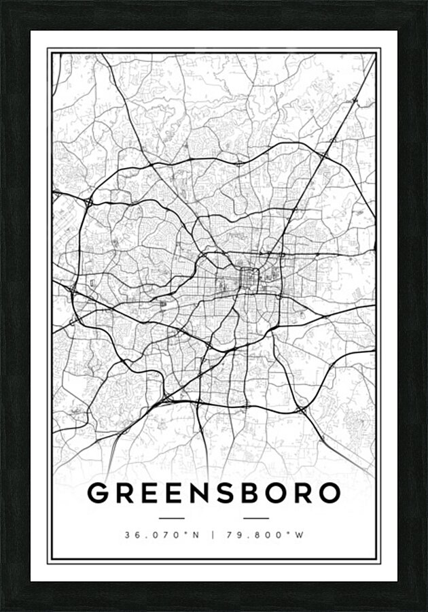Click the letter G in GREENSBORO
click(x=100, y=493)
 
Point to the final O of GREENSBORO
click(x=327, y=493)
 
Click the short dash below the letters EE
click(x=170, y=518)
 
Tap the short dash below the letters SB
click(x=255, y=518)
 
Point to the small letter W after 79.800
click(x=300, y=534)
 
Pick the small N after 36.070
click(x=196, y=534)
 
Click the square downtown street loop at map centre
click(x=249, y=277)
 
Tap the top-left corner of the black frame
click(x=3, y=3)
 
